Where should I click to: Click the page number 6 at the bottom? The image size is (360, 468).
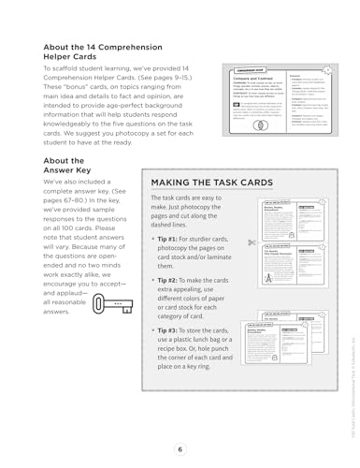(x=180, y=448)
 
